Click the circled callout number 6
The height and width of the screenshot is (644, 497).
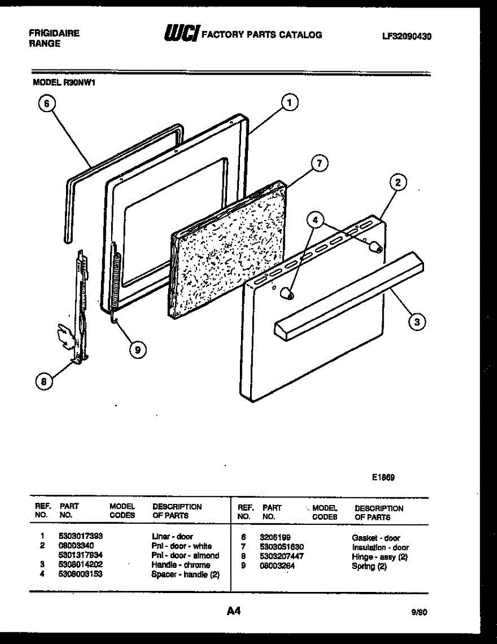tap(47, 106)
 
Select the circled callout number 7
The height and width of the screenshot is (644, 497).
tap(319, 163)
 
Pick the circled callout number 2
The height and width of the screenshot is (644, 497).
tap(398, 183)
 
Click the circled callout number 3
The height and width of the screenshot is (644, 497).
tap(417, 321)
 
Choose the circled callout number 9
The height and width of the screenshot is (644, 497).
tap(138, 349)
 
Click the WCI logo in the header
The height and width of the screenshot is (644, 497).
tap(181, 35)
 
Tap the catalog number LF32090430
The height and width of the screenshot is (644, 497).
tap(407, 37)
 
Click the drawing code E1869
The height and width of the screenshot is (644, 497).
tap(383, 476)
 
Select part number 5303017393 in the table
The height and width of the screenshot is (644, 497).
tap(81, 536)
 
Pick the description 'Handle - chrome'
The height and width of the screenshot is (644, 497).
tap(181, 565)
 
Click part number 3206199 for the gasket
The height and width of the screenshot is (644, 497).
tap(275, 537)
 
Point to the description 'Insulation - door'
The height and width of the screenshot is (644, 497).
tap(380, 547)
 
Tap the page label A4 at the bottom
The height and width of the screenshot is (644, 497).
tap(233, 611)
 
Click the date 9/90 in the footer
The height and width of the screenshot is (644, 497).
tap(419, 612)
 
